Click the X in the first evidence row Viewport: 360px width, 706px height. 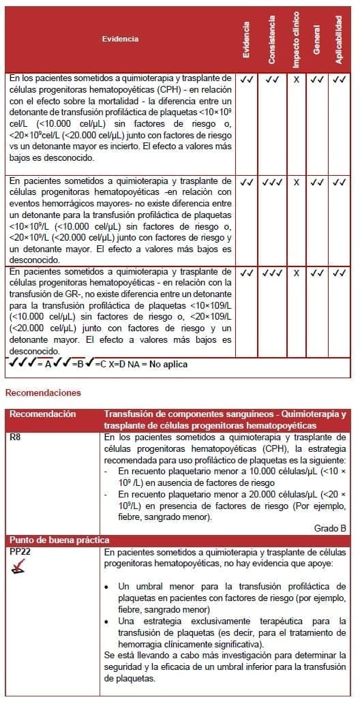pos(296,80)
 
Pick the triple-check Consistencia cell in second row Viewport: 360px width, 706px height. pos(271,182)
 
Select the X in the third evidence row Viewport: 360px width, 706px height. pos(296,273)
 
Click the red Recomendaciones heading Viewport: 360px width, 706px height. pos(43,393)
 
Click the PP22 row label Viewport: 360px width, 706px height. pos(20,551)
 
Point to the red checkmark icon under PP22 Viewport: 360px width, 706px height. pos(20,566)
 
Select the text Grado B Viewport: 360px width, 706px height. pos(330,527)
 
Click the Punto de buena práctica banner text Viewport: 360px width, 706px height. pos(59,540)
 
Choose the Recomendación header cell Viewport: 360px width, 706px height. pos(42,414)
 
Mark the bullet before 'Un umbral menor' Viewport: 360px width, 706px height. pos(110,586)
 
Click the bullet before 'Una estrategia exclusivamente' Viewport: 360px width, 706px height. pos(110,621)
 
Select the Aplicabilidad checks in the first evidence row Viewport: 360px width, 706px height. pos(339,80)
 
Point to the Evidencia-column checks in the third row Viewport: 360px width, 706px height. pos(247,273)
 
